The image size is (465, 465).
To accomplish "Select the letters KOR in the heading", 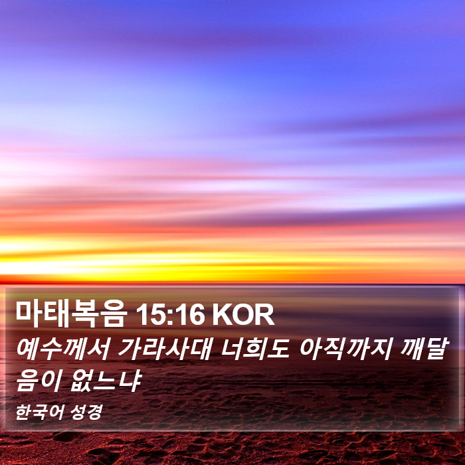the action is click(243, 315).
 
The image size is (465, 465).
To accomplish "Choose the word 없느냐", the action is click(106, 381).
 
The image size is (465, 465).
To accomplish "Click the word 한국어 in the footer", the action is click(39, 412).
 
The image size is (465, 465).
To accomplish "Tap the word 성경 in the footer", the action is click(86, 412).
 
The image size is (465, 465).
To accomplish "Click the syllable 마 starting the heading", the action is click(29, 314).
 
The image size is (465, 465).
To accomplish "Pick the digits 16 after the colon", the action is click(189, 315).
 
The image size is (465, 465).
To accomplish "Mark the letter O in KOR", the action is click(243, 315).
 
